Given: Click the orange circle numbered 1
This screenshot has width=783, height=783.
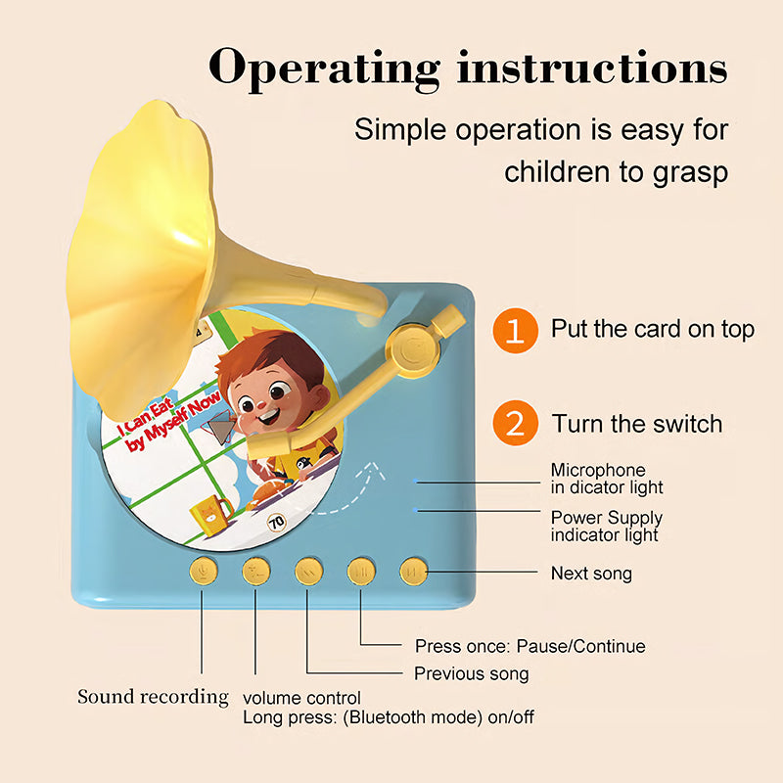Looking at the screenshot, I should (x=515, y=330).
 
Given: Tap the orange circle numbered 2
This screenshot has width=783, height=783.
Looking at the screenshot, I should (x=515, y=424).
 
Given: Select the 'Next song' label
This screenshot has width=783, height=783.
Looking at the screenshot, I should (x=591, y=573).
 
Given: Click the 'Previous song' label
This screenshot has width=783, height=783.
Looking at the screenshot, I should (x=471, y=673).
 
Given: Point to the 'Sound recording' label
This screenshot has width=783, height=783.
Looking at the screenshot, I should (x=153, y=697).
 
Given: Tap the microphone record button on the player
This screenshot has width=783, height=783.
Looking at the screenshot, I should (x=205, y=570).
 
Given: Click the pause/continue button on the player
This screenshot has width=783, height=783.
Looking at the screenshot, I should (x=361, y=570).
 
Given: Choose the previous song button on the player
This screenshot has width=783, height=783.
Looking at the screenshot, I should (x=308, y=570).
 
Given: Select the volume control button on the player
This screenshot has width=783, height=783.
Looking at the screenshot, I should (x=256, y=570).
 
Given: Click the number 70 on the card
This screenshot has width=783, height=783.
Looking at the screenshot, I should (x=276, y=523).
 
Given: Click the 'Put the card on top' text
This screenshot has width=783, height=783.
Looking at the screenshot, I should (x=653, y=329).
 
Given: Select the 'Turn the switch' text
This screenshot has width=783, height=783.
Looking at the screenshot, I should (x=637, y=424).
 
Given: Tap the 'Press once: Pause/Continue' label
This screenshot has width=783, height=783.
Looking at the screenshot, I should (x=530, y=646).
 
